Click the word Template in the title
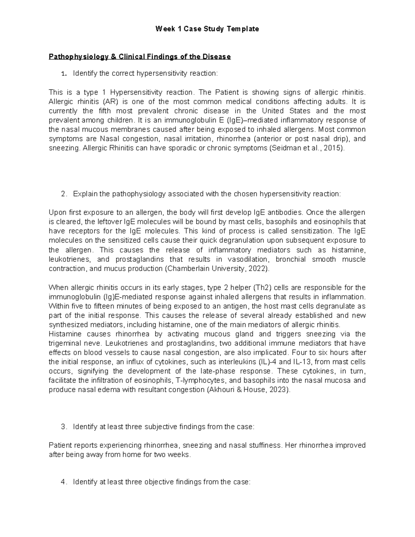243,29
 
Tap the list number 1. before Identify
63,73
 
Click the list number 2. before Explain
63,194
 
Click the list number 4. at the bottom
63,482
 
